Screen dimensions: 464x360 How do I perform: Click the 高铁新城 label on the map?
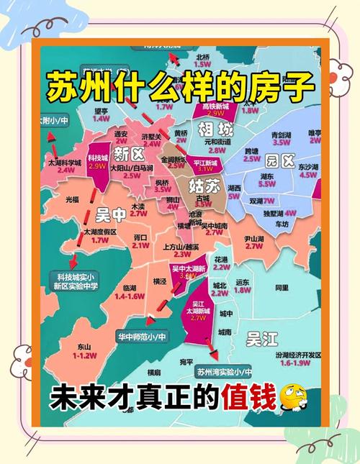click(x=215, y=106)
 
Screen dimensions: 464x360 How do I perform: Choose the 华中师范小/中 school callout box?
click(x=142, y=336)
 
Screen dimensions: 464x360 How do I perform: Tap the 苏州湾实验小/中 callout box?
click(x=224, y=372)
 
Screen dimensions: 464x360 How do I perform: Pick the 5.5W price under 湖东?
click(x=266, y=184)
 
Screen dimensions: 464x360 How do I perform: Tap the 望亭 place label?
click(x=102, y=111)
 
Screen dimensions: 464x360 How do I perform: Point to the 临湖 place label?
click(x=130, y=288)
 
